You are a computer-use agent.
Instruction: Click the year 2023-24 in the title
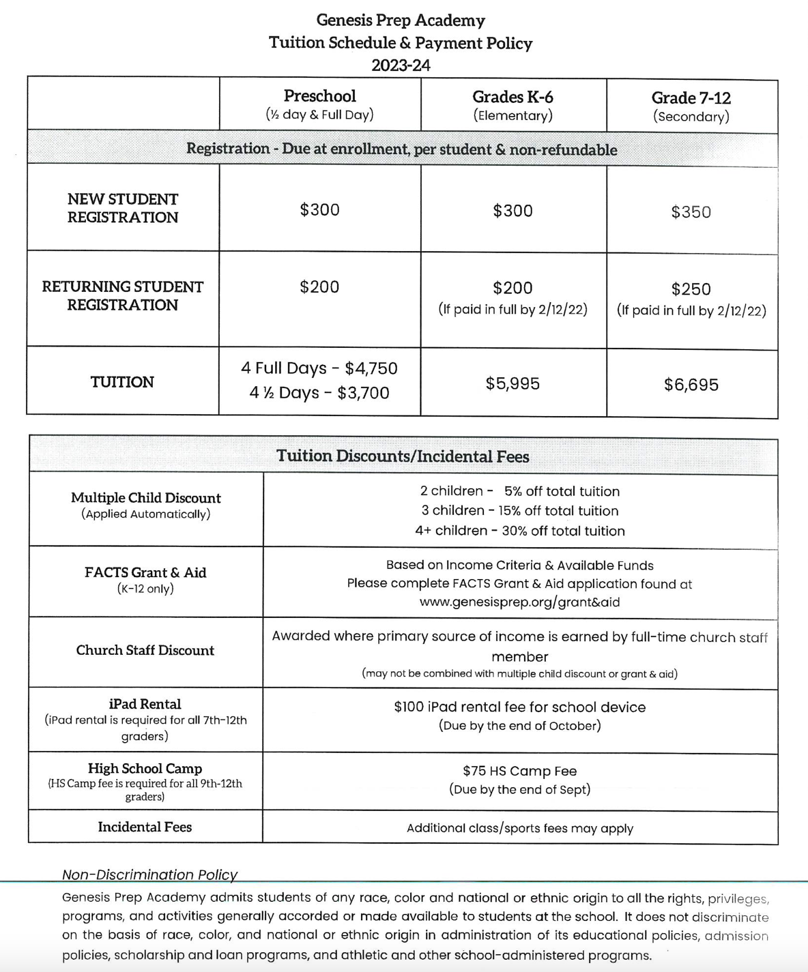[x=401, y=65]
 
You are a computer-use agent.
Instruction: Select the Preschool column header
[x=319, y=96]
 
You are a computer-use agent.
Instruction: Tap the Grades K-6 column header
[x=513, y=98]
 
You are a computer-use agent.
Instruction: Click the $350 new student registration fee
[x=691, y=212]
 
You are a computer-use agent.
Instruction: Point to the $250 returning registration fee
[x=691, y=289]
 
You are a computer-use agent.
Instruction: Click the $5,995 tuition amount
[x=513, y=384]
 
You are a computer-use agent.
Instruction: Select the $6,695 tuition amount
[x=691, y=385]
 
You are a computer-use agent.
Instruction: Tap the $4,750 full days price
[x=371, y=368]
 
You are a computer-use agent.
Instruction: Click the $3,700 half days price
[x=363, y=393]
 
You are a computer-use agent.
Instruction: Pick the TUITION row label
[x=122, y=382]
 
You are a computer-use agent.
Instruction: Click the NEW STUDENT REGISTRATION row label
[x=122, y=208]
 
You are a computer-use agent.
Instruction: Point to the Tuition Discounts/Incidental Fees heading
[x=403, y=456]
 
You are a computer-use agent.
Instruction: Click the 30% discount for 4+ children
[x=519, y=531]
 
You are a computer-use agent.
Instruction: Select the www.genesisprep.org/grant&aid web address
[x=519, y=602]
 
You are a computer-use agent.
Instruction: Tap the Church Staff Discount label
[x=145, y=651]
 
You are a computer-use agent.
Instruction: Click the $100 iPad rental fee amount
[x=409, y=707]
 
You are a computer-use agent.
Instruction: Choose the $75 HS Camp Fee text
[x=519, y=771]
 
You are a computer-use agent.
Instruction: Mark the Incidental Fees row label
[x=145, y=827]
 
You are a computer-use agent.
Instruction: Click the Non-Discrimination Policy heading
[x=149, y=874]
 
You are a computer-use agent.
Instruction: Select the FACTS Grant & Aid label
[x=145, y=573]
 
